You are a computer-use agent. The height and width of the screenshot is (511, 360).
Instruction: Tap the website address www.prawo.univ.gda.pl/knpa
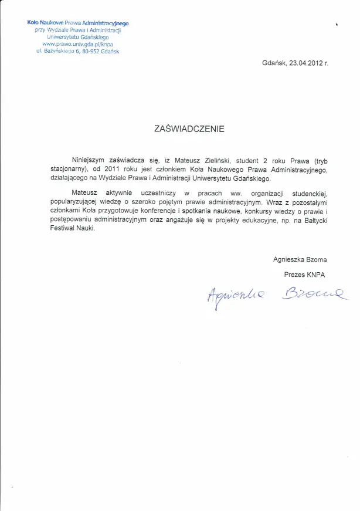coord(77,44)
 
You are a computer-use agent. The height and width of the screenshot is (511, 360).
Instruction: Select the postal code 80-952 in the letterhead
coord(97,51)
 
